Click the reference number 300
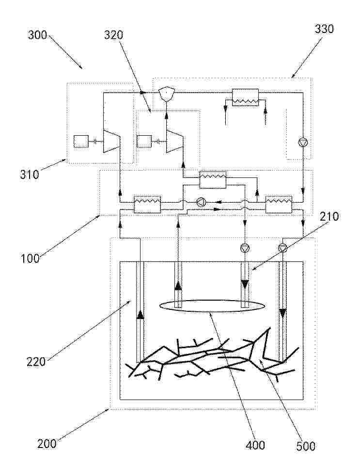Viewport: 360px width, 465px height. (x=38, y=35)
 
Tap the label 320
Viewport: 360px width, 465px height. (x=113, y=35)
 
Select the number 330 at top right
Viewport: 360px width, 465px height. (x=324, y=29)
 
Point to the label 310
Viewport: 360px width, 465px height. (x=30, y=175)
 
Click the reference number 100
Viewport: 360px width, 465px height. (x=30, y=258)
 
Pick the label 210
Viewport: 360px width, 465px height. (x=329, y=216)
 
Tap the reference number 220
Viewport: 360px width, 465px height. (x=36, y=362)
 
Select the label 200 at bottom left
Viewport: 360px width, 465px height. (x=47, y=444)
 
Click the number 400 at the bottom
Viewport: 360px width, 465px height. (x=255, y=445)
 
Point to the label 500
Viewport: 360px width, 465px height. (x=306, y=446)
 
